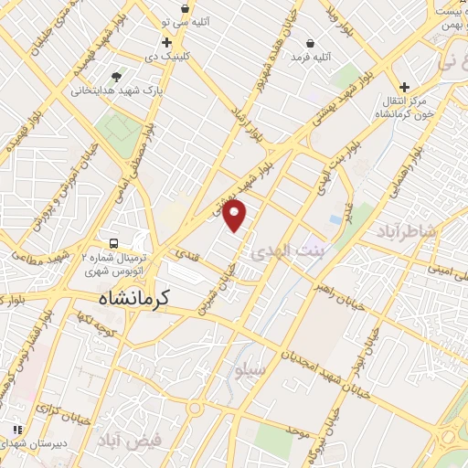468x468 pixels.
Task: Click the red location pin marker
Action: pyautogui.click(x=235, y=215)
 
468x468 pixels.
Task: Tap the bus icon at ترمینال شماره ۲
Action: pyautogui.click(x=114, y=244)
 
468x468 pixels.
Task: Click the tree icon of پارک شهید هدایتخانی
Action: pyautogui.click(x=115, y=78)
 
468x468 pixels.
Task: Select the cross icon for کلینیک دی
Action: pyautogui.click(x=165, y=43)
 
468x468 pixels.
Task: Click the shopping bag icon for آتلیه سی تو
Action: pyautogui.click(x=186, y=8)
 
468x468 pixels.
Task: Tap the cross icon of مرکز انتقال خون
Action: pyautogui.click(x=404, y=87)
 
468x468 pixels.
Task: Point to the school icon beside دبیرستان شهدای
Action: pyautogui.click(x=16, y=429)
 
